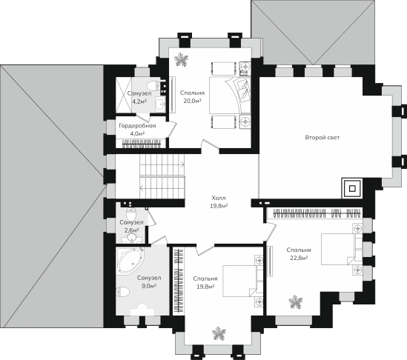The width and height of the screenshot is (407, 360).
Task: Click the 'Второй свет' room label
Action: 322,138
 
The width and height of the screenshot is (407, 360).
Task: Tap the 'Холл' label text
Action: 219,199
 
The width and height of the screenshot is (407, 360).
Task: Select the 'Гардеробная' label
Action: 137,126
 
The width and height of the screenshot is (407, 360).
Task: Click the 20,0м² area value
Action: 193,101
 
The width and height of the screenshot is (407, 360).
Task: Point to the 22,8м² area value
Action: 299,258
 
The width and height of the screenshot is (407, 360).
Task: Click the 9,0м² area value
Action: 149,286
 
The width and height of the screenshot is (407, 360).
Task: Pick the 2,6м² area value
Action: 131,230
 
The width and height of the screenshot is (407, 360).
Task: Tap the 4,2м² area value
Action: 139,101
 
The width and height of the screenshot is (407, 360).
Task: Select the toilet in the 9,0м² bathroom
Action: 122,292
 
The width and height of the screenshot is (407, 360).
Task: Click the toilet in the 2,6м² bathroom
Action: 130,214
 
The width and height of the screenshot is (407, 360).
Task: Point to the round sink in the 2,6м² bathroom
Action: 132,237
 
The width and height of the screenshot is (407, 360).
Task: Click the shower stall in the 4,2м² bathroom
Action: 124,95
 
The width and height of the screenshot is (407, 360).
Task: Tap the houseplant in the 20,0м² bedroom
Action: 181,60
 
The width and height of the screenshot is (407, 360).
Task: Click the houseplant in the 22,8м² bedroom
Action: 295,302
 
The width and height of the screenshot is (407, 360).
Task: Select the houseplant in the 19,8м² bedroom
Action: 219,333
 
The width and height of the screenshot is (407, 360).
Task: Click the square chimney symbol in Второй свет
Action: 352,189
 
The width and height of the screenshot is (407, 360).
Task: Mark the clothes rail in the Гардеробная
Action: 142,144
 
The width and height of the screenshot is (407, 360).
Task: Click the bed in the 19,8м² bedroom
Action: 242,281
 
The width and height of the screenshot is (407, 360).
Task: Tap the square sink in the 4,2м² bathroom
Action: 160,104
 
